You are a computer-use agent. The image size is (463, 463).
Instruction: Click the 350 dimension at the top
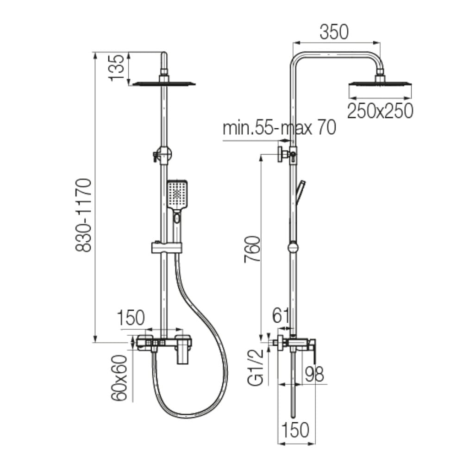pyautogui.click(x=334, y=32)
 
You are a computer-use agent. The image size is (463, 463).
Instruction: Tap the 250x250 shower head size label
pyautogui.click(x=380, y=111)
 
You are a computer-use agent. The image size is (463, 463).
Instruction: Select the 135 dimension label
pyautogui.click(x=117, y=68)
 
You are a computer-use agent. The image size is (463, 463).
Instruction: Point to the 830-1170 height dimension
pyautogui.click(x=83, y=215)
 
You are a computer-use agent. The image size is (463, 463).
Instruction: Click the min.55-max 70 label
pyautogui.click(x=279, y=128)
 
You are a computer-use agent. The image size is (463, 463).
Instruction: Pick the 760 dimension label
pyautogui.click(x=252, y=249)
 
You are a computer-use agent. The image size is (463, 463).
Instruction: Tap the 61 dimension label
pyautogui.click(x=281, y=316)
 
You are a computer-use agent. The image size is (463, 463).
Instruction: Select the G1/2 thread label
pyautogui.click(x=256, y=368)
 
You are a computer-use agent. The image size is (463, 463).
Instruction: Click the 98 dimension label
pyautogui.click(x=314, y=374)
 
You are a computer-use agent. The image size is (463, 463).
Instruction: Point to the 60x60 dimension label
pyautogui.click(x=119, y=378)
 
